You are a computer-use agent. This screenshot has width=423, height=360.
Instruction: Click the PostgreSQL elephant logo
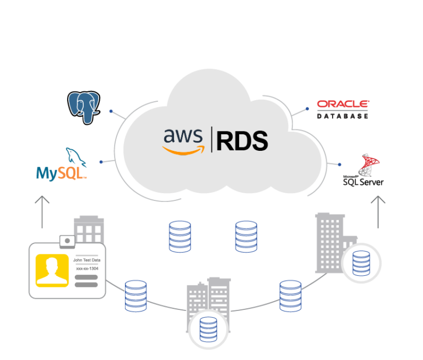pos(83,107)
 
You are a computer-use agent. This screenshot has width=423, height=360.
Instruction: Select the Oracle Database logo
pos(343,109)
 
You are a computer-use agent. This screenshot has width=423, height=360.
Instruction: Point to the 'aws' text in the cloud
pos(179,136)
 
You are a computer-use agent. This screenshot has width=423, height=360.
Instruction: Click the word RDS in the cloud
pos(242,141)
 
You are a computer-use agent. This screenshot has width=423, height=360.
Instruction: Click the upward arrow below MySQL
pos(42,212)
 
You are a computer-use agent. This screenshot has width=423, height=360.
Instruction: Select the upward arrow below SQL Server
pos(378,212)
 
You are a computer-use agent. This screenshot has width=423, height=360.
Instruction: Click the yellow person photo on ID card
pos(52,270)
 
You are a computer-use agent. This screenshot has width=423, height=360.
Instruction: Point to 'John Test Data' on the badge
pos(86,260)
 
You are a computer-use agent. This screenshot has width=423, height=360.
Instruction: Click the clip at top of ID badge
pos(67,241)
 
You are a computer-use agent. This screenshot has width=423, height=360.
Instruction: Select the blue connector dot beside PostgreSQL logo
pos(111,111)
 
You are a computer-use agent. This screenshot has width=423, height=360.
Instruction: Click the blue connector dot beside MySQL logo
pos(101,162)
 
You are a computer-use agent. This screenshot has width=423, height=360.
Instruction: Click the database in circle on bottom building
pos(208,329)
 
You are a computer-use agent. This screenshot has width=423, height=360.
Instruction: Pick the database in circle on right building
pos(361,263)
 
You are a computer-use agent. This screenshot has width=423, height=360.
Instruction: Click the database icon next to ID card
pos(135,296)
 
